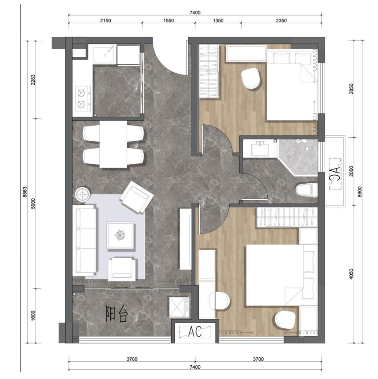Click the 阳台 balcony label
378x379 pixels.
(117, 314)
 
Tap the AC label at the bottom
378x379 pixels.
(195, 332)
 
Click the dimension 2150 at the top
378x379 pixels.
(105, 20)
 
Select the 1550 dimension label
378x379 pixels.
(169, 20)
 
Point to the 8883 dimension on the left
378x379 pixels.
(25, 192)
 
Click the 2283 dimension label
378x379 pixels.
(33, 80)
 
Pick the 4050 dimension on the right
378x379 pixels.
(351, 274)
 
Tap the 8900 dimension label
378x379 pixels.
(360, 192)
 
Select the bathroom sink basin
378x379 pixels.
(260, 150)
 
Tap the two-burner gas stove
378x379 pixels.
(83, 99)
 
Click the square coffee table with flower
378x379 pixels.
(121, 235)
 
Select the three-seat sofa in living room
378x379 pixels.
(84, 240)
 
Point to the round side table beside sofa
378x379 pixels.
(83, 194)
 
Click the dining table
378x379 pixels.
(113, 144)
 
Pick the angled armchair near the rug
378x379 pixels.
(137, 197)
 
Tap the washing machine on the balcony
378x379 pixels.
(179, 307)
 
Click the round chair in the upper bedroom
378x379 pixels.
(251, 79)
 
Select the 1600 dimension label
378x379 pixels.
(33, 316)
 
